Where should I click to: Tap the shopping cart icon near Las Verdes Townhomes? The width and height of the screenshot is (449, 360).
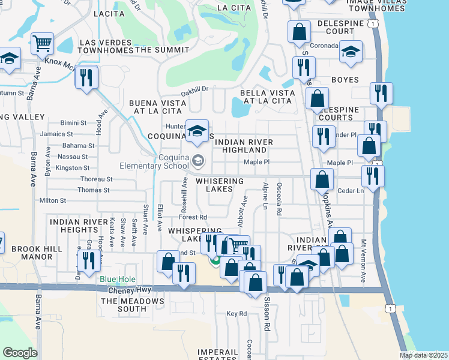(x=43, y=44)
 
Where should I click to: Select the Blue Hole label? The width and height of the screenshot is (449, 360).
(x=118, y=280)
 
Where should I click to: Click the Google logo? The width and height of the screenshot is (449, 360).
(x=20, y=353)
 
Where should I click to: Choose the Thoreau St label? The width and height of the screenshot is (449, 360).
(x=97, y=179)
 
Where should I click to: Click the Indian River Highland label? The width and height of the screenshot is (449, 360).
(x=244, y=146)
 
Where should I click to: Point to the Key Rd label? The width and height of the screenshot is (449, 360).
(x=237, y=314)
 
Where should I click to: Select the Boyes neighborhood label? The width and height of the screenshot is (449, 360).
(x=345, y=80)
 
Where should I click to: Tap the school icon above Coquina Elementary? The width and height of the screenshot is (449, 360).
(x=196, y=131)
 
